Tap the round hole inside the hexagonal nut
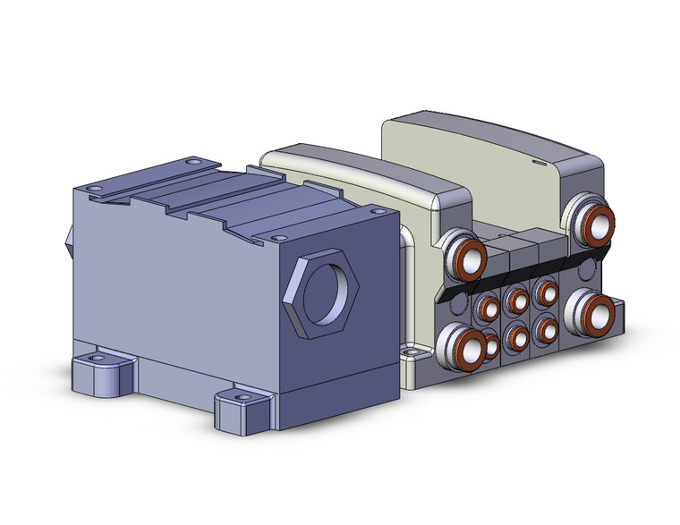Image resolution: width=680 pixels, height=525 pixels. [324, 292]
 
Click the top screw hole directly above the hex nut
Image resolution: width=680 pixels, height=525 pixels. [279, 238]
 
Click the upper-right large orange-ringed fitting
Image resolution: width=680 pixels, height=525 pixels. [597, 223]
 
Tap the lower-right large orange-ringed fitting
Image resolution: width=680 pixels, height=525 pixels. [594, 312]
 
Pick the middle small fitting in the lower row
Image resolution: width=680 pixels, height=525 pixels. [515, 337]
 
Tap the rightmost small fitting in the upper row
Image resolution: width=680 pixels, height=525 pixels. [543, 292]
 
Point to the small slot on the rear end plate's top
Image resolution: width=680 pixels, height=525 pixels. [538, 164]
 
